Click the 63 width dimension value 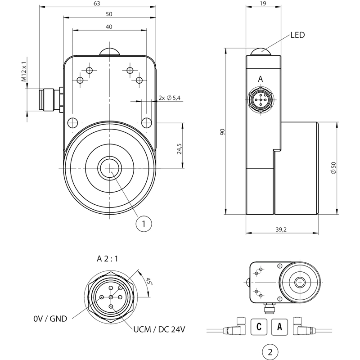click(97, 4)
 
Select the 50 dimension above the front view click(109, 14)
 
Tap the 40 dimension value click(109, 27)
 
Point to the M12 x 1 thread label click(24, 72)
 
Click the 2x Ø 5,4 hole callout click(170, 98)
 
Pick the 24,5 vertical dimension click(179, 149)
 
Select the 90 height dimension click(222, 132)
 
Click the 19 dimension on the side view click(263, 4)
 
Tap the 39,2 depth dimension click(281, 229)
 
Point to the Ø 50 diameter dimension click(333, 168)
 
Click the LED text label click(297, 35)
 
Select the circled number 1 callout click(144, 223)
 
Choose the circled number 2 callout click(270, 352)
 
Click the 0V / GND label click(50, 319)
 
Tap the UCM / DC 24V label click(159, 329)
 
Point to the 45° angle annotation click(149, 282)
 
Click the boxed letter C click(259, 327)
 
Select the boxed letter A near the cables click(279, 327)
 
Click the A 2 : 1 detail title click(107, 259)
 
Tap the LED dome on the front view click(110, 52)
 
